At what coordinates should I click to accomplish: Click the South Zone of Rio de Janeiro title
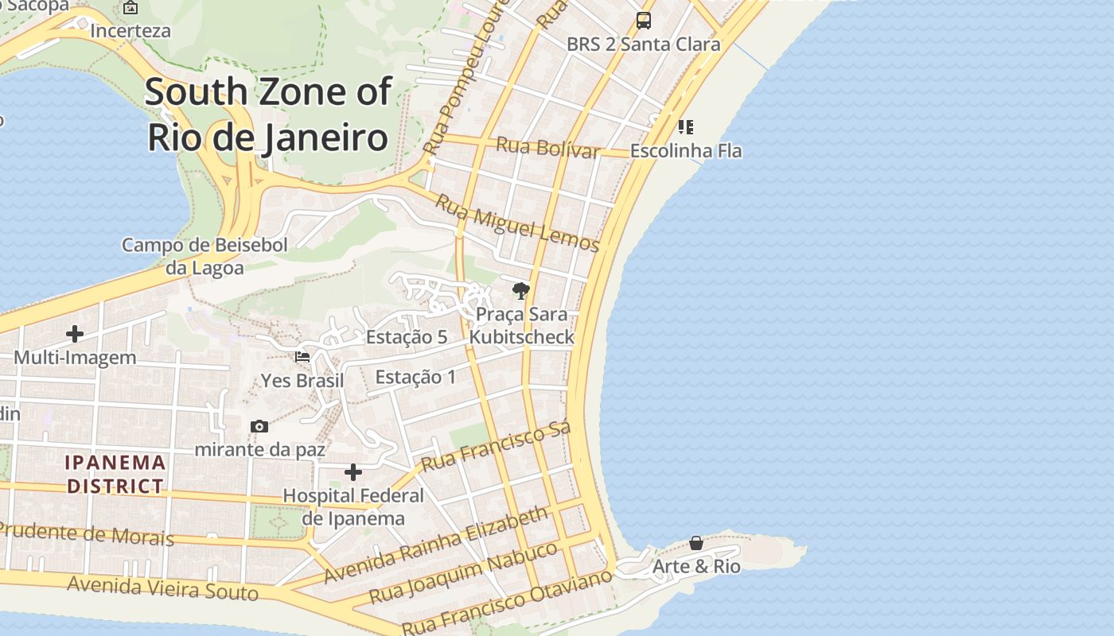click(x=268, y=114)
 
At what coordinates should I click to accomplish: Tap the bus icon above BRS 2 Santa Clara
click(x=644, y=21)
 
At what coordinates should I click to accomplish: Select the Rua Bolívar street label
click(x=547, y=148)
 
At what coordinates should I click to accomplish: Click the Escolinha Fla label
click(x=686, y=150)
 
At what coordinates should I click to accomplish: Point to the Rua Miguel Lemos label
click(x=517, y=223)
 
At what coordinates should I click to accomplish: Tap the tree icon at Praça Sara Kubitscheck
click(x=521, y=290)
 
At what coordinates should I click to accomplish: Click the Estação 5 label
click(x=406, y=337)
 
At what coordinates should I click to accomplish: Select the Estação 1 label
click(x=415, y=377)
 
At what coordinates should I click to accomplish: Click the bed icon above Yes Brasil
click(x=302, y=356)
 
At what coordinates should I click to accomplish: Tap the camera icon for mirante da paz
click(x=259, y=427)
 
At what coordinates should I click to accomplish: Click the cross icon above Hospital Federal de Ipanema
click(x=353, y=473)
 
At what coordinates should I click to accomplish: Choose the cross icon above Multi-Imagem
click(x=75, y=334)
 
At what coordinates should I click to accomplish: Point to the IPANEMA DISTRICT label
click(x=115, y=474)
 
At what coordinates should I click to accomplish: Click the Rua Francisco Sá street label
click(x=496, y=447)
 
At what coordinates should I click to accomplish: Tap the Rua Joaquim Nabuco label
click(x=463, y=573)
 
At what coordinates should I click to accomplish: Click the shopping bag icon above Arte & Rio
click(x=696, y=543)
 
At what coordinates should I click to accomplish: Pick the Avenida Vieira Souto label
click(x=162, y=588)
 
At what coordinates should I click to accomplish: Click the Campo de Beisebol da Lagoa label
click(x=204, y=256)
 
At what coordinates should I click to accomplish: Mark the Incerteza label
click(x=130, y=31)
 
